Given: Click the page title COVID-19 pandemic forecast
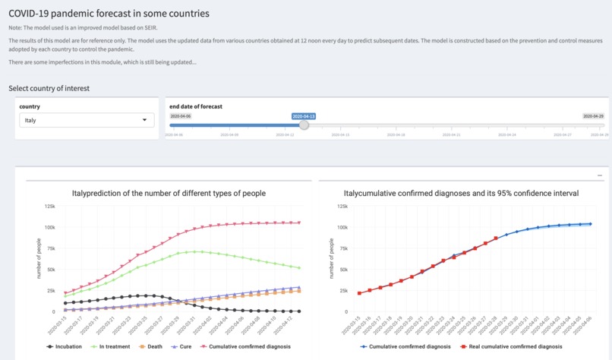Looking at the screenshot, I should [109, 14].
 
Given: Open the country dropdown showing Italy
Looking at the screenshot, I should [86, 120].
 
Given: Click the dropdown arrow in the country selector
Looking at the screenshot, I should [145, 120].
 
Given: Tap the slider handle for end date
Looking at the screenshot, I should [304, 125].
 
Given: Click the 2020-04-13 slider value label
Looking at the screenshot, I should [304, 116].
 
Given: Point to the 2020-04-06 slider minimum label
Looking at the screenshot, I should [181, 116].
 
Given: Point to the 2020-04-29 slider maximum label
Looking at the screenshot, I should [593, 116].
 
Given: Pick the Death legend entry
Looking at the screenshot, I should [151, 346].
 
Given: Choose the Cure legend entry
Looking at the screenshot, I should [181, 346].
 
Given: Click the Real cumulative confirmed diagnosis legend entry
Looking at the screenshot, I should [503, 346].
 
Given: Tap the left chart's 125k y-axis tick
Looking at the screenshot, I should [48, 206].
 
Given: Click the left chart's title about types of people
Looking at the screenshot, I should [169, 194].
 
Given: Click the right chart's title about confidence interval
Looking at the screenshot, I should [461, 194].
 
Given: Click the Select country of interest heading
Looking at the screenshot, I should [49, 88].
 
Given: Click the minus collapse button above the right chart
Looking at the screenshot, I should [600, 175].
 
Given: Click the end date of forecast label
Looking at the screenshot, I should [196, 107].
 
